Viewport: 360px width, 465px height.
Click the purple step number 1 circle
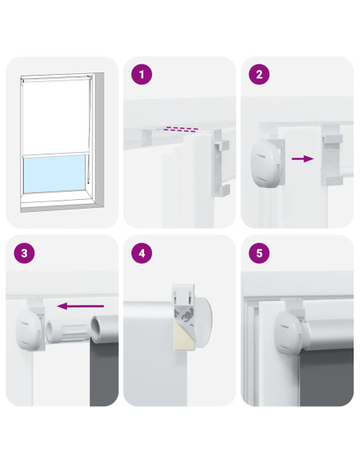click(x=142, y=74)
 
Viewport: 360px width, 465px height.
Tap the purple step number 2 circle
click(x=259, y=74)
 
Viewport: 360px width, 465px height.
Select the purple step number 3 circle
click(x=25, y=253)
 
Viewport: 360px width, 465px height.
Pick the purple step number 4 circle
click(x=142, y=253)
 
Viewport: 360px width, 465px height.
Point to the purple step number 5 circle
click(x=259, y=253)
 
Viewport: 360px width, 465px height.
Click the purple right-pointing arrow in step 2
click(x=303, y=158)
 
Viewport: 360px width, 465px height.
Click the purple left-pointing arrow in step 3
click(x=80, y=306)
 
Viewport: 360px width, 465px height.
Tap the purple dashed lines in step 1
click(x=182, y=129)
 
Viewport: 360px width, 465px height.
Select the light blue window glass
click(x=54, y=174)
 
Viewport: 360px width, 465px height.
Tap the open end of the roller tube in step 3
click(x=97, y=329)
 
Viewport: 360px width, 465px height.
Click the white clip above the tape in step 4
click(x=183, y=294)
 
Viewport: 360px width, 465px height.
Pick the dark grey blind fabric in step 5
click(x=327, y=377)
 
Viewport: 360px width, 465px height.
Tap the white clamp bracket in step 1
click(x=221, y=163)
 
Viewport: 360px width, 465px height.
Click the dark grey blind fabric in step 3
click(x=104, y=373)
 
